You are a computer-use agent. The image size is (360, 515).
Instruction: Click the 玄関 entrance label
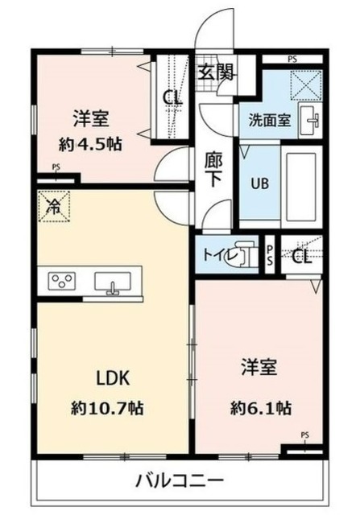(x=215, y=72)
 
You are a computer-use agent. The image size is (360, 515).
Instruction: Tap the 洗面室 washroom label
(x=269, y=120)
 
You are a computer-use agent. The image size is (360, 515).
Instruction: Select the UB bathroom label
(x=259, y=183)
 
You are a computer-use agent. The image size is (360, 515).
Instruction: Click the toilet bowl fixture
(x=238, y=255)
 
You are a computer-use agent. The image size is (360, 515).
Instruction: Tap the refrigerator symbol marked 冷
(x=54, y=207)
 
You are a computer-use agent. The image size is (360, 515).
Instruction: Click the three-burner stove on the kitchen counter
(x=62, y=281)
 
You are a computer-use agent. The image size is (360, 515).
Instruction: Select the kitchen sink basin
(x=113, y=282)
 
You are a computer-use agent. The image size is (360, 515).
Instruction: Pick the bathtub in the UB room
(x=301, y=187)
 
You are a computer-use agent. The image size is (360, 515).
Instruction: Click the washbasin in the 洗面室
(x=309, y=120)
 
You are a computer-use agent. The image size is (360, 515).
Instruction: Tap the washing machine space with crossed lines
(x=306, y=85)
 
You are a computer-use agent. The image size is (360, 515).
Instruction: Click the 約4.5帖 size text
(x=90, y=145)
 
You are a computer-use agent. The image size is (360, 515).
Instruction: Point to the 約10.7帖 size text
(x=107, y=408)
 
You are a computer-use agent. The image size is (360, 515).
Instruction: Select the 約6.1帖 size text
(x=260, y=408)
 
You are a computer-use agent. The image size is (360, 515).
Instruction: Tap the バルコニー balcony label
(x=180, y=481)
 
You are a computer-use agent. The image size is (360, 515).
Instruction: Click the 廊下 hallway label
(x=213, y=170)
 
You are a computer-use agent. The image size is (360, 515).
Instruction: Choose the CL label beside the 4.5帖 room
(x=172, y=97)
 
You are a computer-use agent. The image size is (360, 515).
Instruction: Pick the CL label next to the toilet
(x=301, y=257)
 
